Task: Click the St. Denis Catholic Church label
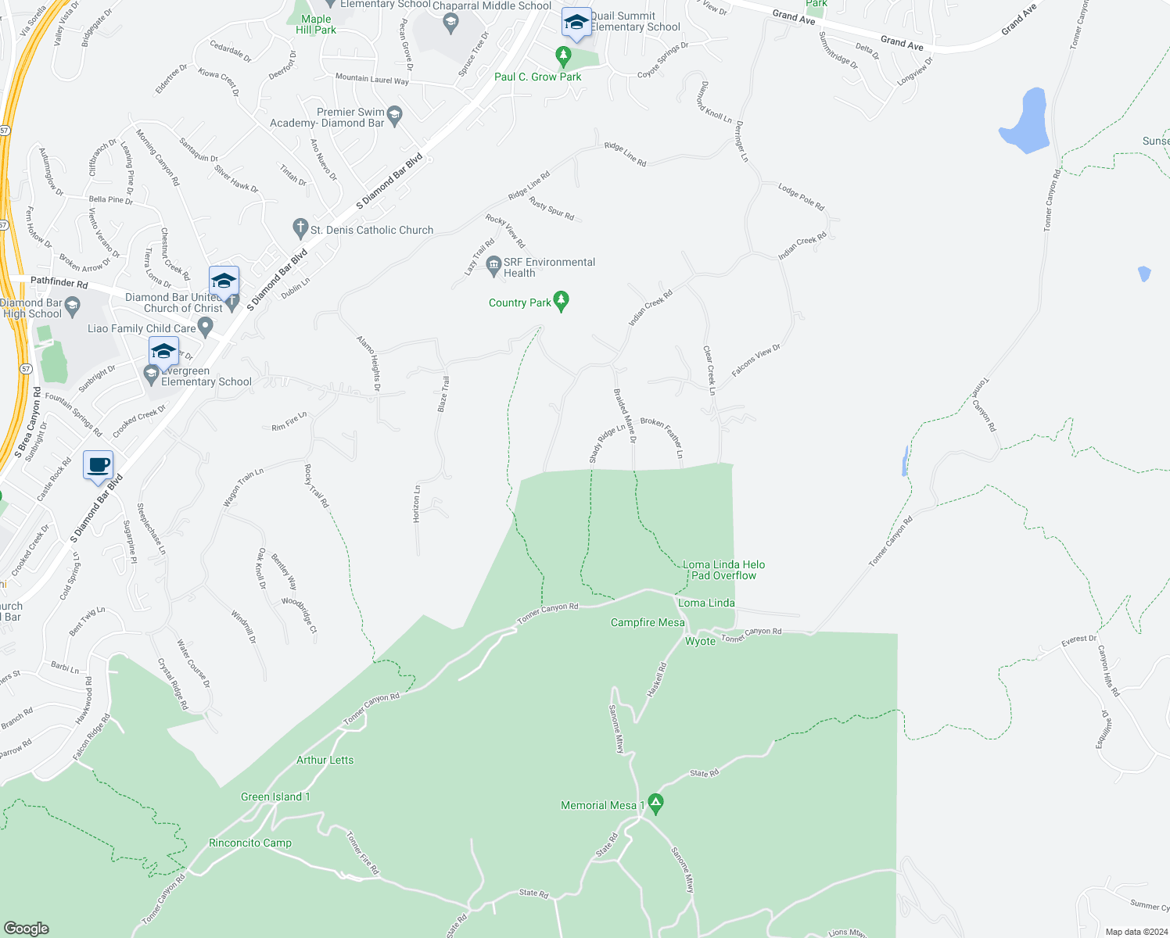pos(371,230)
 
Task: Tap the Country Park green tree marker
pos(561,301)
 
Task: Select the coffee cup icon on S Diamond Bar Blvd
pos(99,466)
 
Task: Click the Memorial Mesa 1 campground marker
pos(656,804)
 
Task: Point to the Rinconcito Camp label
pos(250,843)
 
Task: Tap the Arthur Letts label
pos(325,760)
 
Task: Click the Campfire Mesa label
pos(648,622)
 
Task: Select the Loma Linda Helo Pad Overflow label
pos(723,570)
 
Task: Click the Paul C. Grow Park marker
pos(563,55)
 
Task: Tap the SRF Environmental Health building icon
pos(493,266)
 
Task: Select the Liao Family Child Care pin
pos(206,328)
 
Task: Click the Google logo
pos(27,928)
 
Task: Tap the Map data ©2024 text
pos(1136,932)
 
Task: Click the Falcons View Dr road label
pos(755,361)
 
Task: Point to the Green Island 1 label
pos(275,797)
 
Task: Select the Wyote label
pos(700,641)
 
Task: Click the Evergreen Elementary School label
pos(206,377)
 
